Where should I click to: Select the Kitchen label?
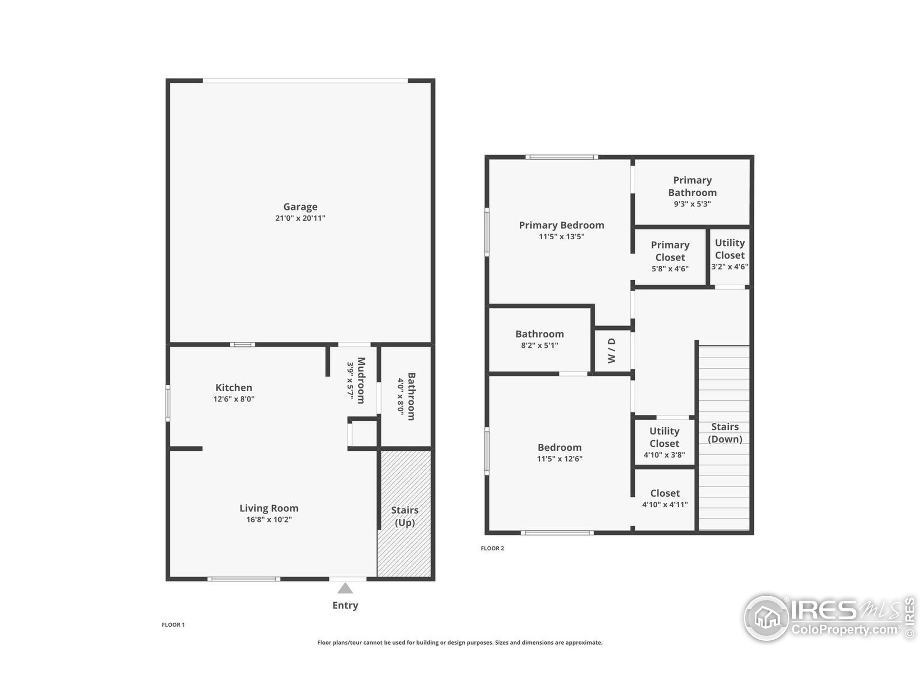coord(233,388)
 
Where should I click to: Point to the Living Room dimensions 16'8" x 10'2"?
coord(269,519)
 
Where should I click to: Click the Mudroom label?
coord(361,380)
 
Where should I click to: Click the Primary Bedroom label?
coord(561,225)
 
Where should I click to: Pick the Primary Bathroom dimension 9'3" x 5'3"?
coord(692,204)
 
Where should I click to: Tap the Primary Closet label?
coord(670,251)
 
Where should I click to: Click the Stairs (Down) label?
coord(724,433)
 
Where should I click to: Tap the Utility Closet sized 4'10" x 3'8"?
coord(664,442)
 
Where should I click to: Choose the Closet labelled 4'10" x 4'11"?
coord(664,498)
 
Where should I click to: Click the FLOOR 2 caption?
coord(492,548)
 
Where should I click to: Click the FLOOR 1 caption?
coord(173,625)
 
